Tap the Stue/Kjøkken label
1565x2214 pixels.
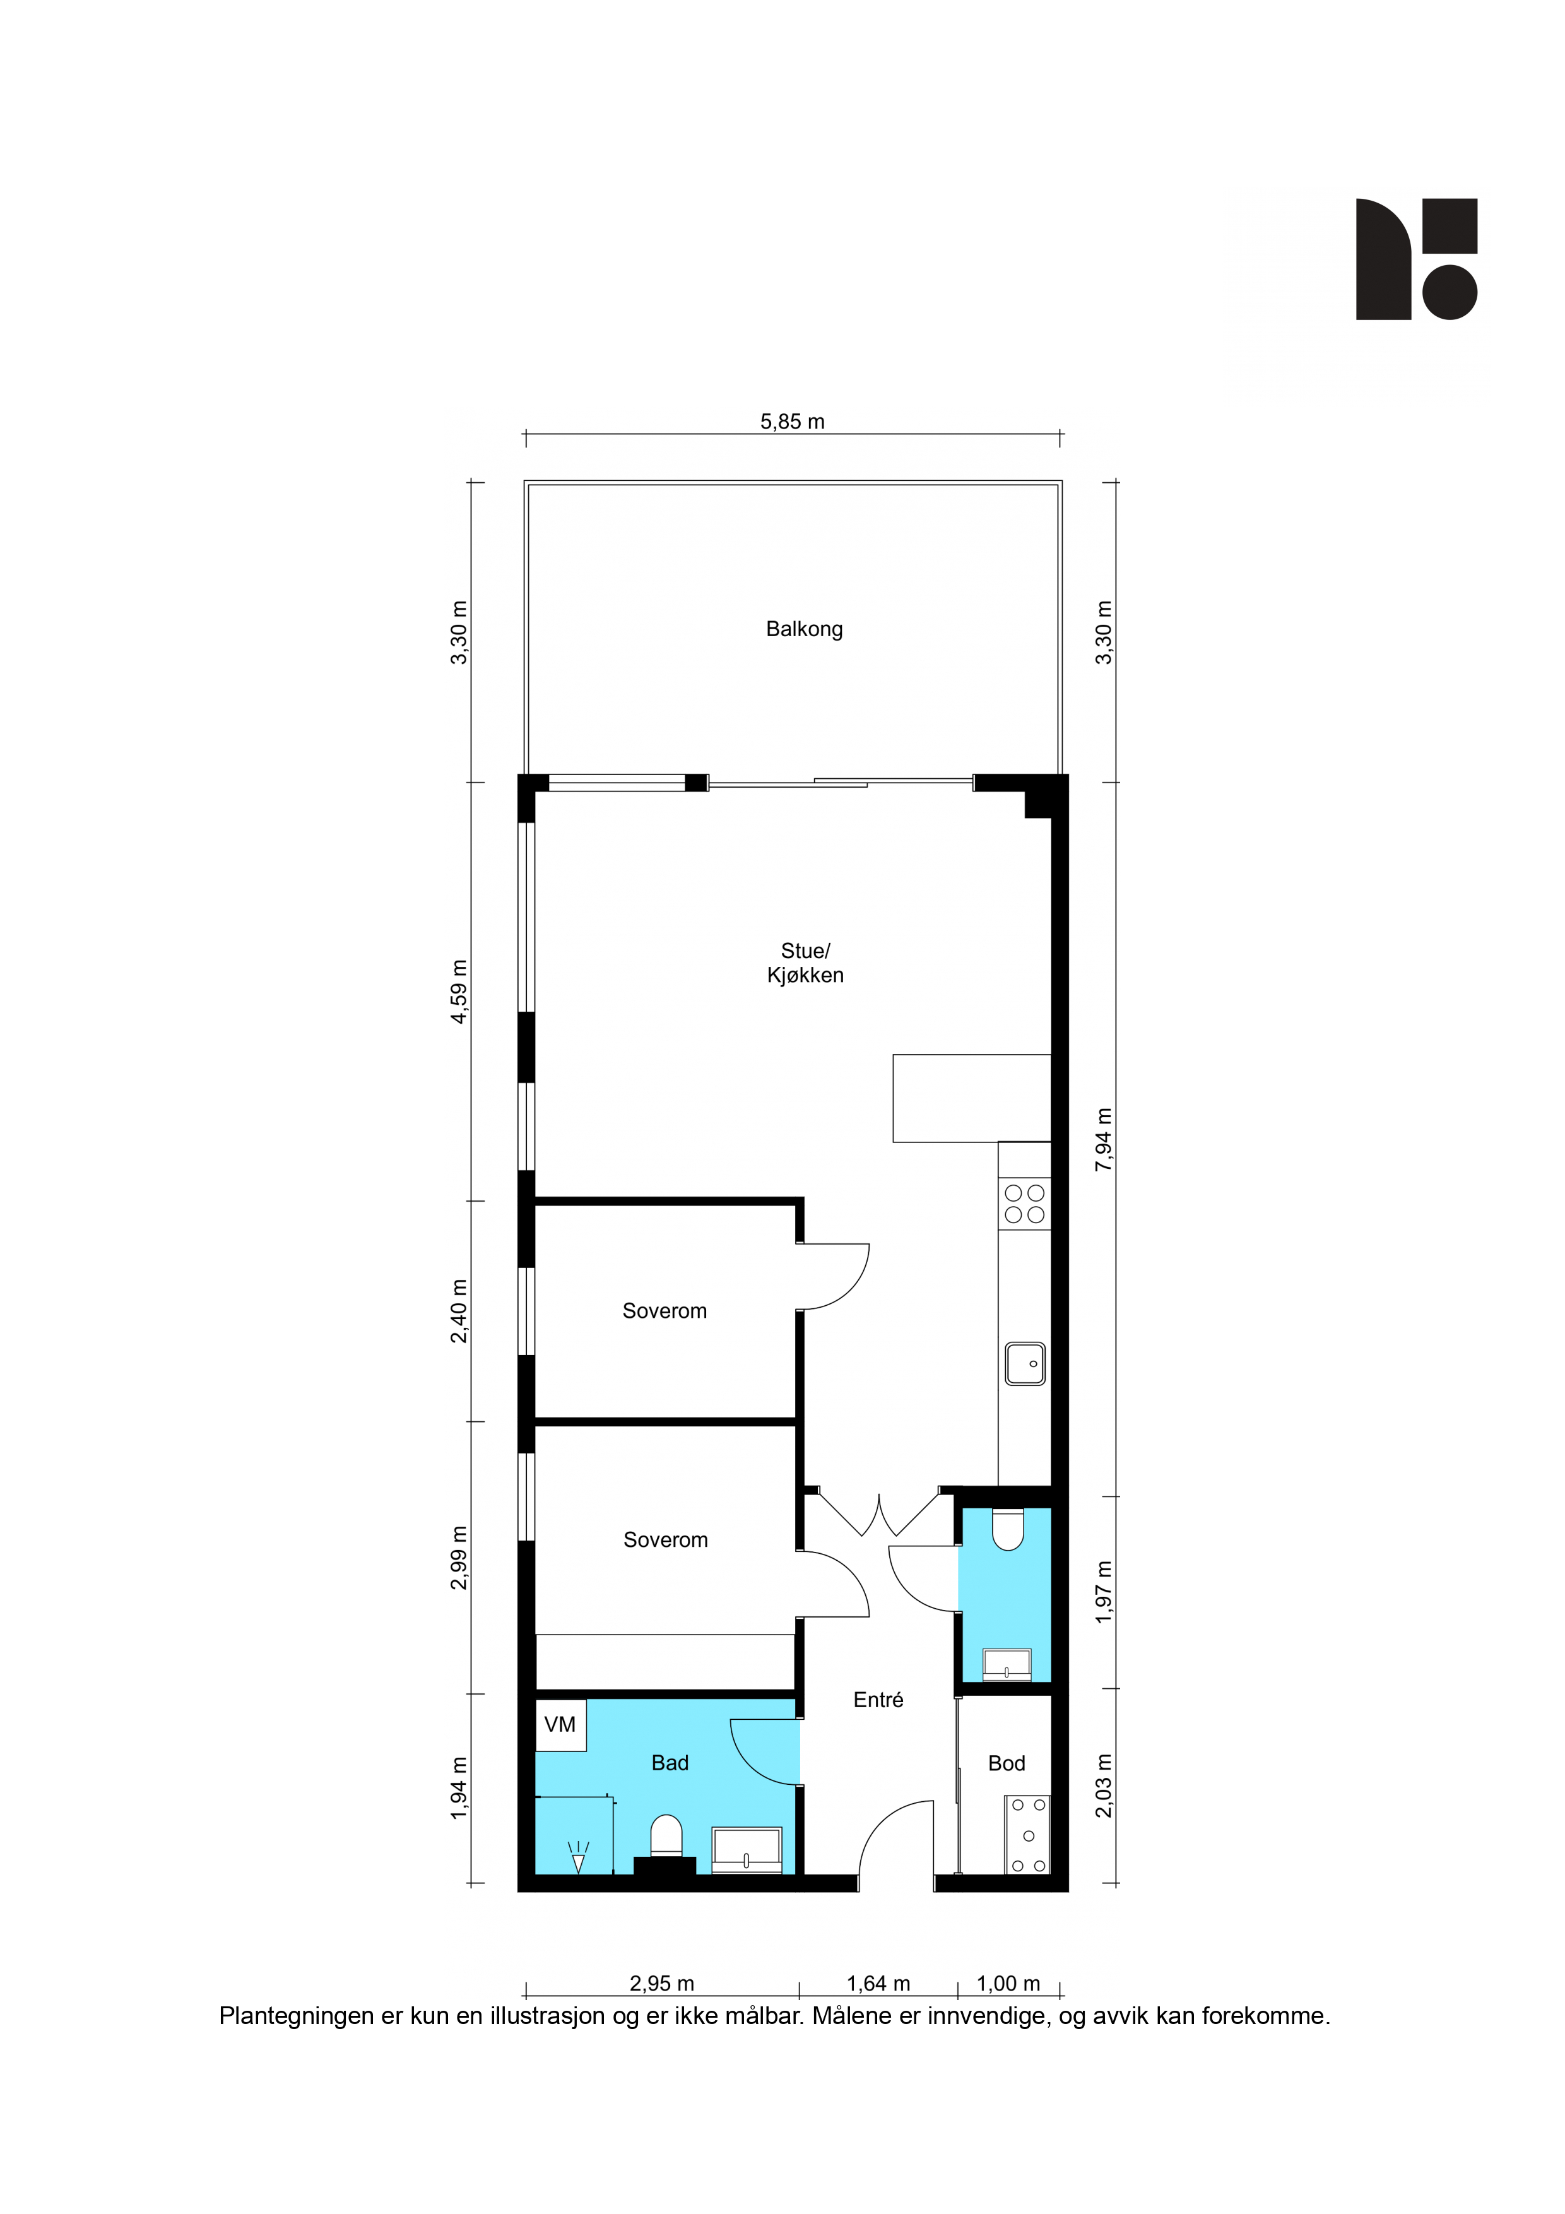805,962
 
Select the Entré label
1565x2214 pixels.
878,1700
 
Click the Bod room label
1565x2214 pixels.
1007,1763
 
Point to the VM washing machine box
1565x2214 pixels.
560,1724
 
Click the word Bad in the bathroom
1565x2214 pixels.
670,1763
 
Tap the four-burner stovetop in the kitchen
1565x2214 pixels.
1024,1204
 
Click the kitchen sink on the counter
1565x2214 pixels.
1025,1363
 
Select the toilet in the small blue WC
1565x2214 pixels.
1008,1529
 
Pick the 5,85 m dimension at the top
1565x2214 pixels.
793,422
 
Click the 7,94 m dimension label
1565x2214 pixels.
1104,1140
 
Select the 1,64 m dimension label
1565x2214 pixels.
878,1984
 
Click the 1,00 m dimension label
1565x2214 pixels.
1008,1984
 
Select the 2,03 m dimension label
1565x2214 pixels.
1104,1786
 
